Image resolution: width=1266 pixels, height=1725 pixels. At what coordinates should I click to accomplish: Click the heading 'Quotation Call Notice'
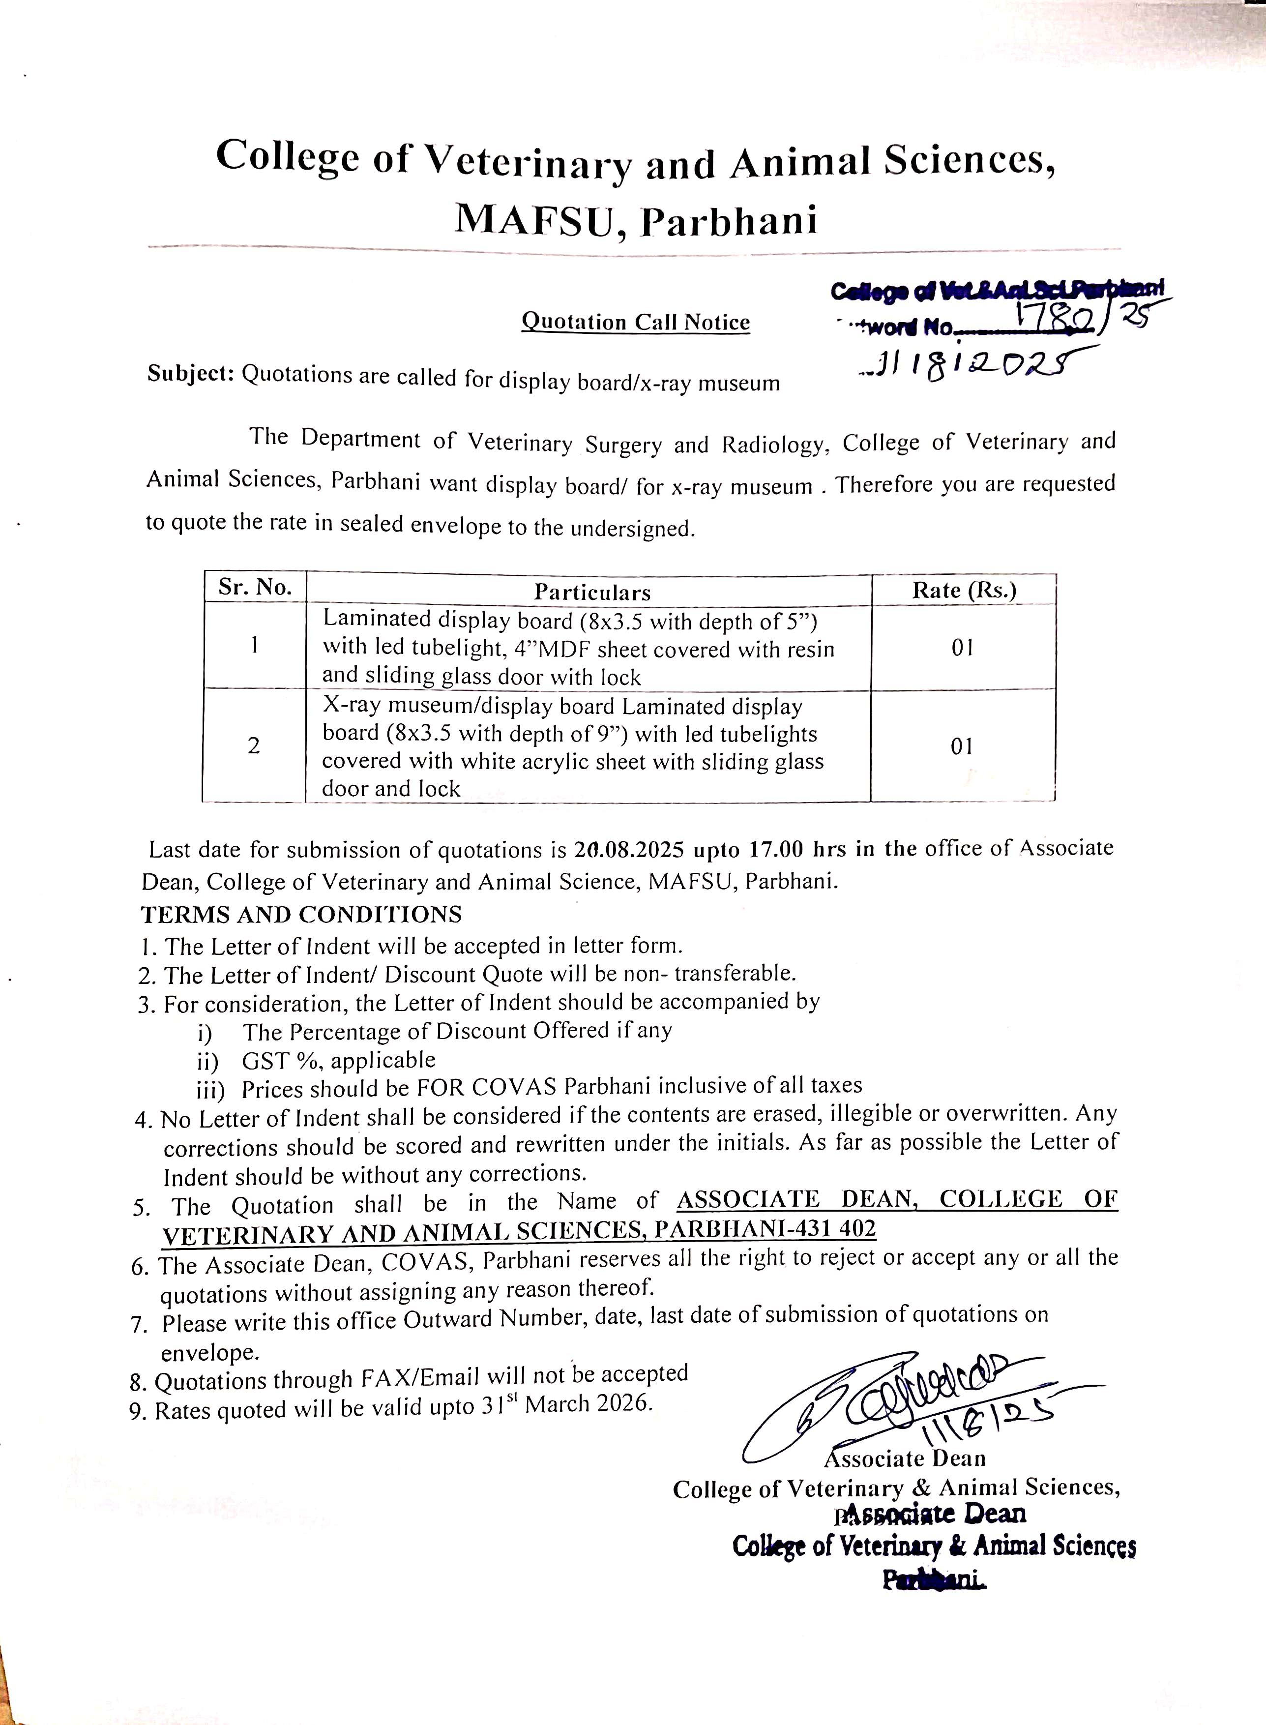tap(635, 322)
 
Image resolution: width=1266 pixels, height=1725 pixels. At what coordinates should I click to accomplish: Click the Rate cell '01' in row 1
tap(963, 648)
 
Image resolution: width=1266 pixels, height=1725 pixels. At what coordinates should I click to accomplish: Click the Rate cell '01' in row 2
tap(962, 745)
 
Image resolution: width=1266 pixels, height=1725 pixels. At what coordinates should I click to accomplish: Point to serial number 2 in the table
tap(254, 745)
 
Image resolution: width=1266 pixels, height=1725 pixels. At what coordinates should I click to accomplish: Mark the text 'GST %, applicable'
tap(338, 1061)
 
